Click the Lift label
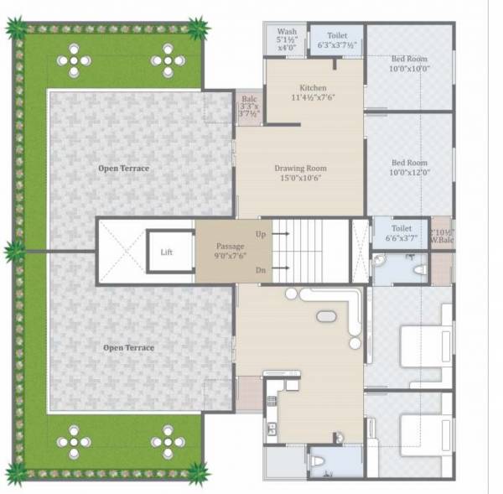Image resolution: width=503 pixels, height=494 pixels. (166, 252)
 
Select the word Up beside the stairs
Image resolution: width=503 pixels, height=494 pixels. (261, 234)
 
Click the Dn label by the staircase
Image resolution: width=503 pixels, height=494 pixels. (261, 269)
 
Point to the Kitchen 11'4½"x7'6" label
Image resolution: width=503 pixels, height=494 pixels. (313, 93)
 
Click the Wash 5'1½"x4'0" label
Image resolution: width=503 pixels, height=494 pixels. (286, 39)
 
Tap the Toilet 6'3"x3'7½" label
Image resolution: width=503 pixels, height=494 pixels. (335, 40)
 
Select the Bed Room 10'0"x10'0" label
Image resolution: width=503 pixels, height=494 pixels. (409, 63)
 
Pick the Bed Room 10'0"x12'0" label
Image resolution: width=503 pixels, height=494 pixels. (409, 168)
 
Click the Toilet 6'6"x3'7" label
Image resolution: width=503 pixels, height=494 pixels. (401, 233)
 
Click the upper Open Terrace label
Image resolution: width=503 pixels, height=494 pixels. (123, 169)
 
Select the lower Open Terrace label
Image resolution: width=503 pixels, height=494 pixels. (128, 347)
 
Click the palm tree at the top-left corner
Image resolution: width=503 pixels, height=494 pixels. (16, 29)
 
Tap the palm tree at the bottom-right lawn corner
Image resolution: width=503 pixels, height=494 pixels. (198, 472)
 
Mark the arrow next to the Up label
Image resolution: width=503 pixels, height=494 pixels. (283, 234)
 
